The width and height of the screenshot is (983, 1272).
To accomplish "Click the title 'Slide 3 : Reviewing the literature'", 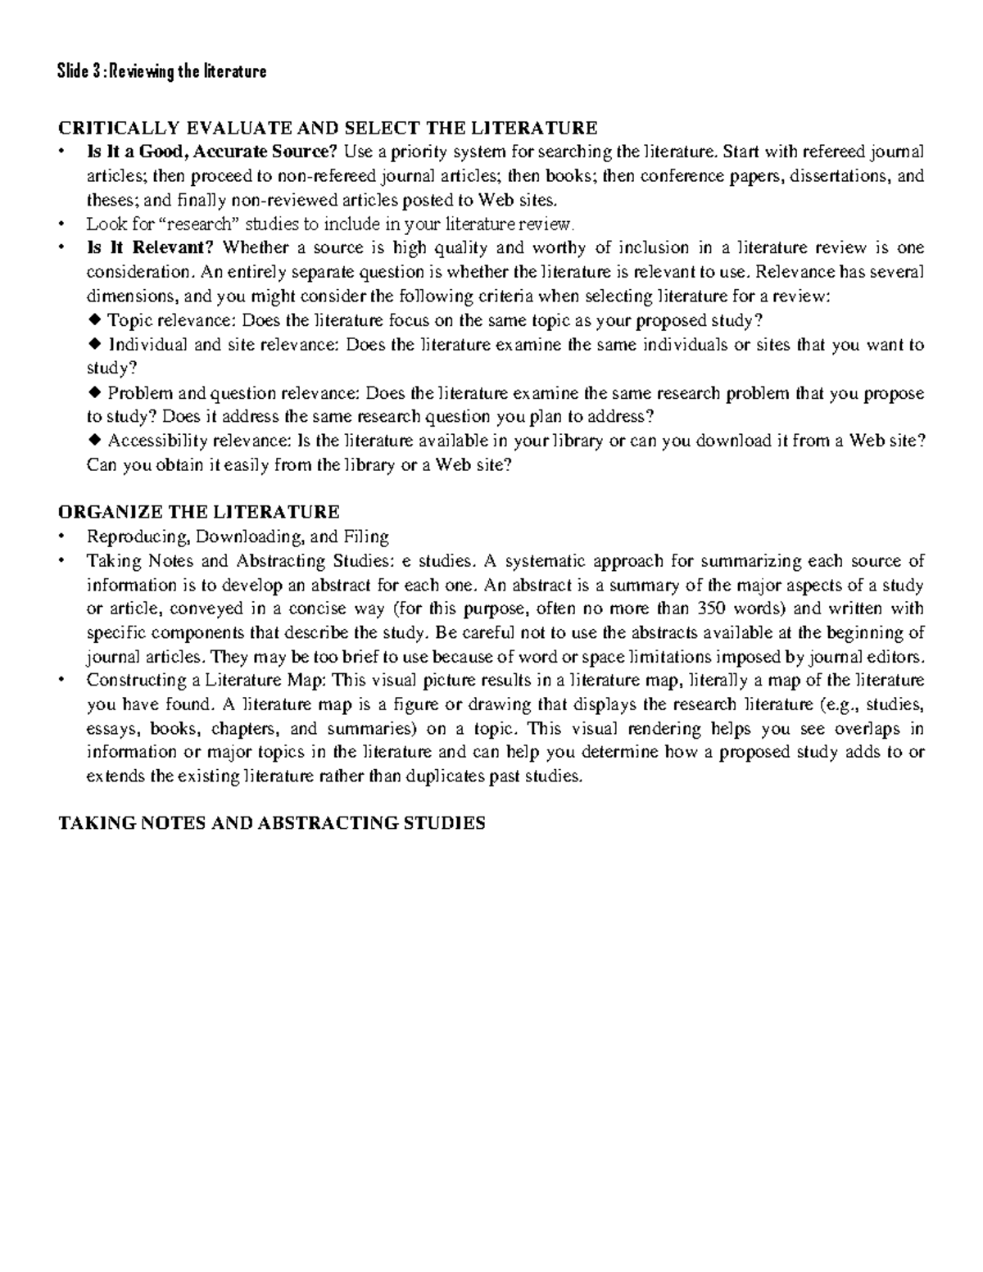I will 161,71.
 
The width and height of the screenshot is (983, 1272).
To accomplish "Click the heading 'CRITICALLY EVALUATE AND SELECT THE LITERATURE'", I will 328,128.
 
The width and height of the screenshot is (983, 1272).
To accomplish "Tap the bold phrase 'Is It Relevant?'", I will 152,248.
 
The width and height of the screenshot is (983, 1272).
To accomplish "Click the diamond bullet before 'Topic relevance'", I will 93,319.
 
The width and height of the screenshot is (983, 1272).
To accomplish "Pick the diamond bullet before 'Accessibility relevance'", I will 93,441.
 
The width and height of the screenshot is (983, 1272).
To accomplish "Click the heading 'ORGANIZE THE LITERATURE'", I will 198,513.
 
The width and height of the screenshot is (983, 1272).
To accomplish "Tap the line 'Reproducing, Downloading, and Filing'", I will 238,537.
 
